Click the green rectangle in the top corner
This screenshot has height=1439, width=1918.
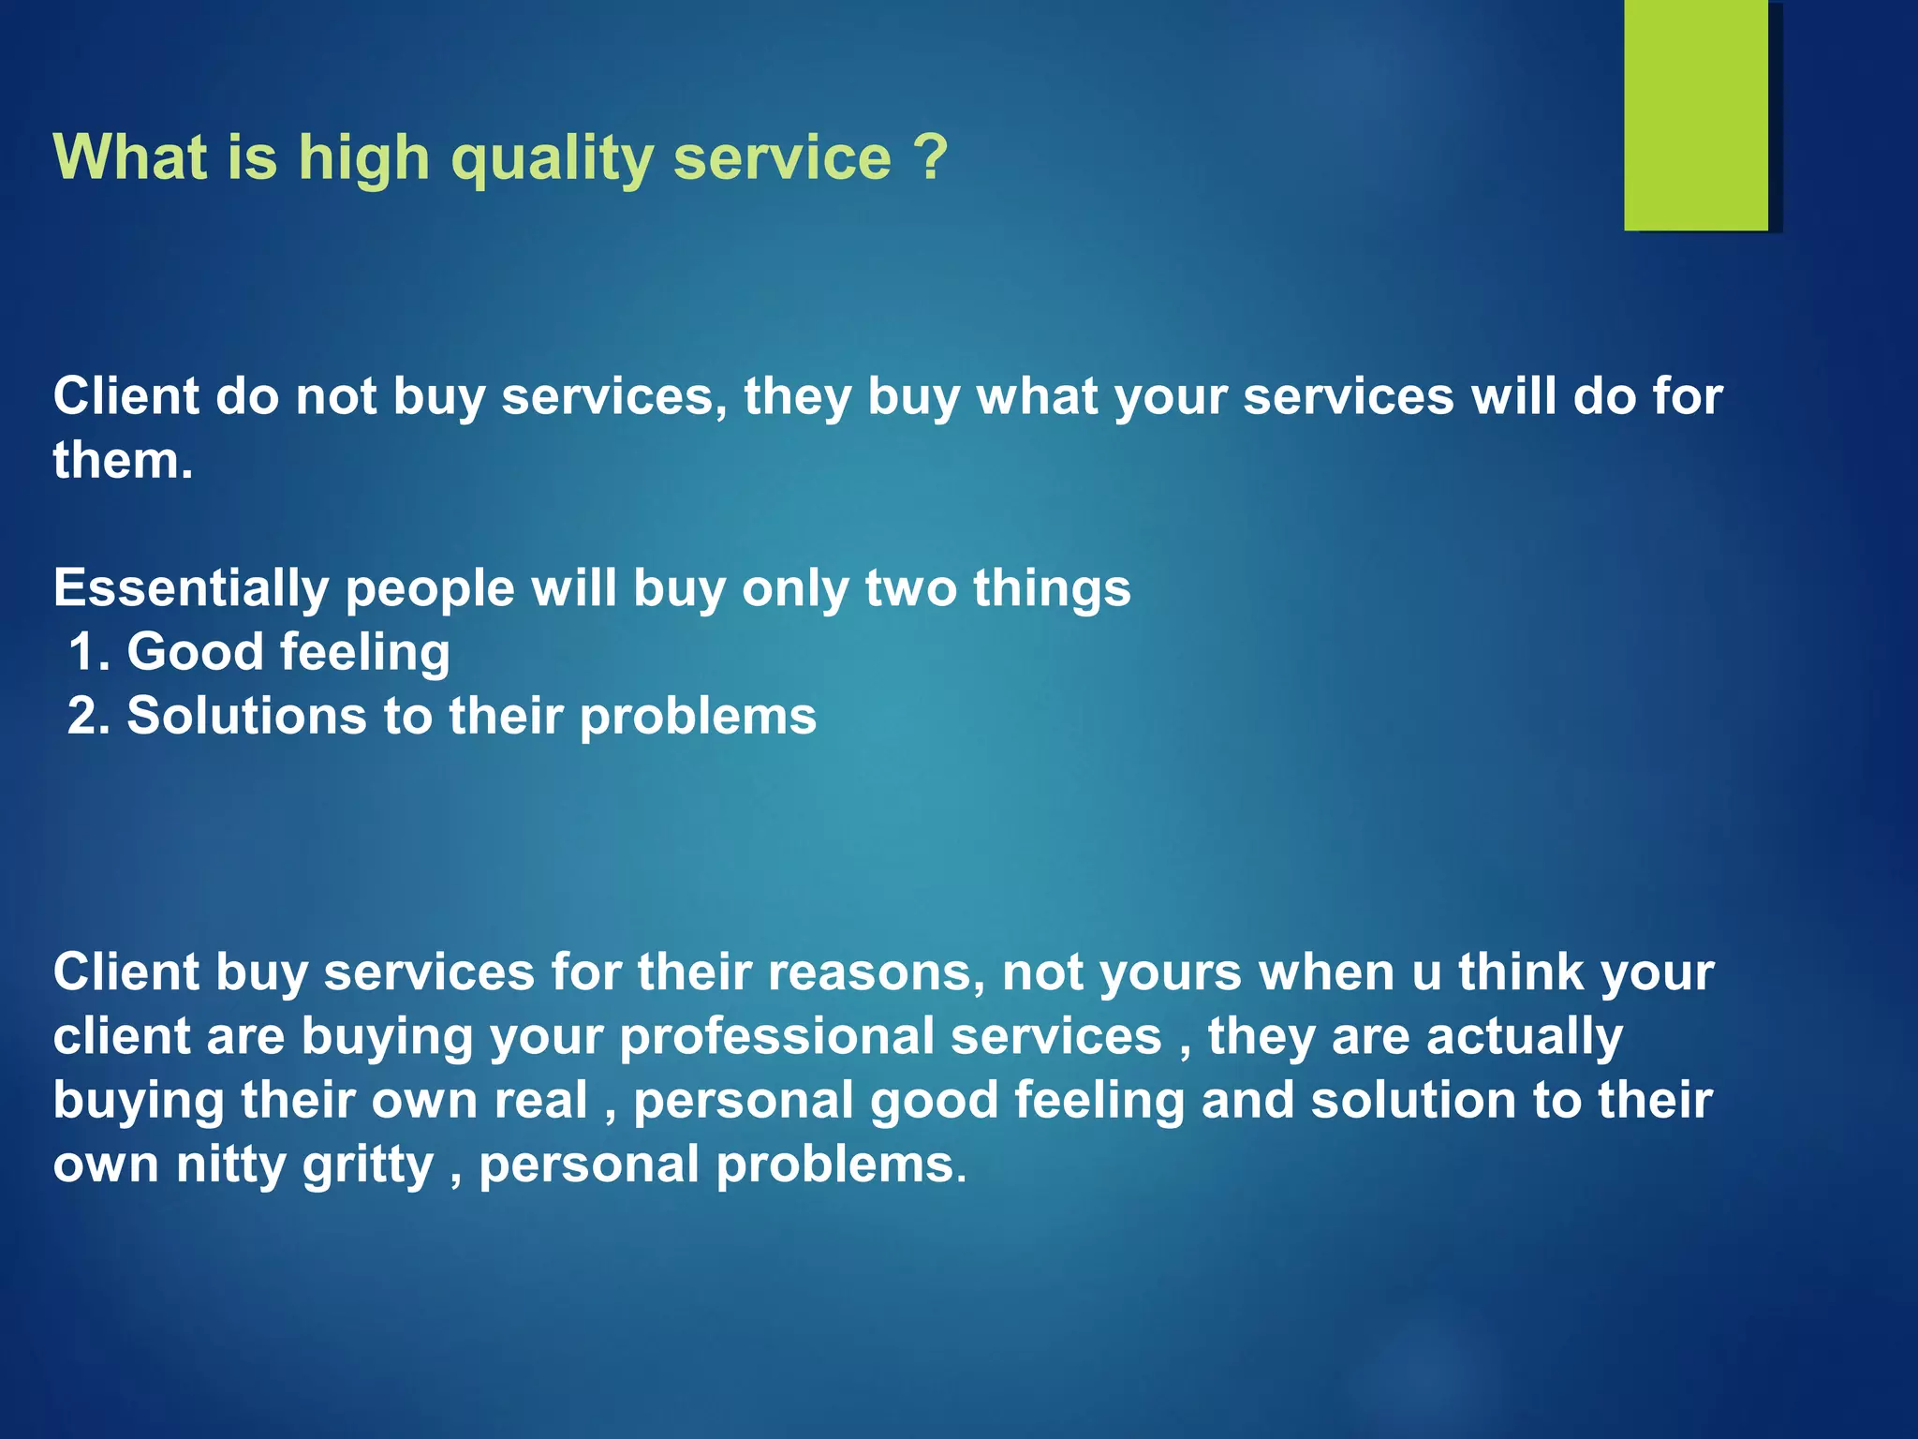point(1696,114)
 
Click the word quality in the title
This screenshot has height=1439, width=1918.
point(553,158)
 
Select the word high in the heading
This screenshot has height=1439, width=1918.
point(363,158)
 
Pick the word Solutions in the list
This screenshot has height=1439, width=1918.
point(246,716)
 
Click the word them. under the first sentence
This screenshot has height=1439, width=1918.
point(123,461)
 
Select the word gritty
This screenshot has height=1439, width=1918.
point(368,1166)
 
